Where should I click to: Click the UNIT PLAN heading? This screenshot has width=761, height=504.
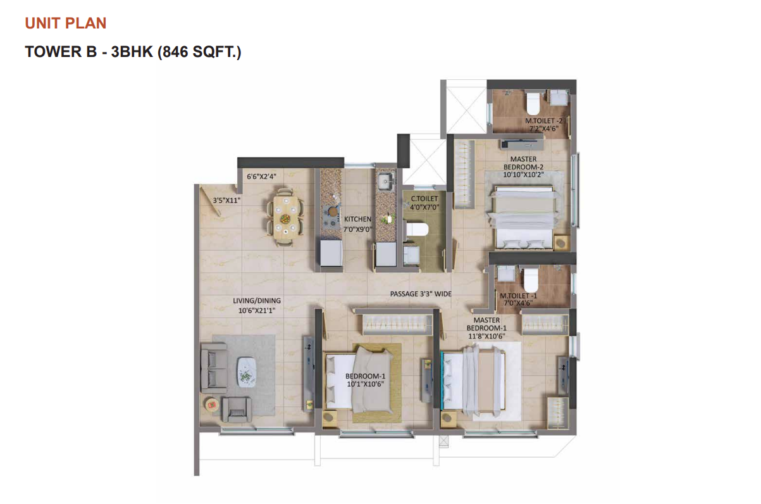(66, 23)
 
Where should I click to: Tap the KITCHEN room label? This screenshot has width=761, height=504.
(357, 219)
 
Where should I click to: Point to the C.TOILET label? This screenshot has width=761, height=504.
(424, 199)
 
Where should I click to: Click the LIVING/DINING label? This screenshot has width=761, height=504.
(257, 301)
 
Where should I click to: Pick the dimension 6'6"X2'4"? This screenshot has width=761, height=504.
(261, 177)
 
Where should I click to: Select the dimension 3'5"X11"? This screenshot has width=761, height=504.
(226, 200)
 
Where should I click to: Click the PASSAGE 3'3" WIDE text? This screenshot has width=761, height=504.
(421, 294)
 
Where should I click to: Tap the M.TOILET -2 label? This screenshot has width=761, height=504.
(543, 121)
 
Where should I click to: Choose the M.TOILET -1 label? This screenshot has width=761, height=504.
(518, 296)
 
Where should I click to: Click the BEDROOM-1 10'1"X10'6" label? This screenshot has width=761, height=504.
(365, 380)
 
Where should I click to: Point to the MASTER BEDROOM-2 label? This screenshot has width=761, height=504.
(523, 167)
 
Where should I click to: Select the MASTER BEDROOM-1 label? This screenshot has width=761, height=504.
(486, 328)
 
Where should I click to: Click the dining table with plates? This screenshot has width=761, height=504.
(285, 217)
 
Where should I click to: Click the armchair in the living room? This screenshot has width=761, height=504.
(237, 410)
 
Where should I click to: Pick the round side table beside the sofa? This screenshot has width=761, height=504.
(211, 405)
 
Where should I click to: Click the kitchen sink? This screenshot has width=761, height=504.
(386, 180)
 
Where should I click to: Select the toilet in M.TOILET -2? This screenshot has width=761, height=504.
(533, 103)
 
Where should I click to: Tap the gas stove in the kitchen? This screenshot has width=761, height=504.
(331, 216)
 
